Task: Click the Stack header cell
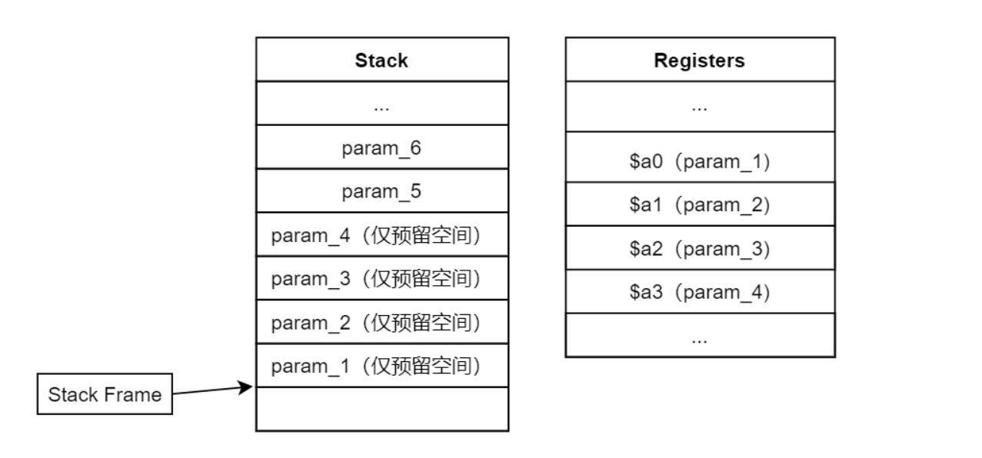[x=382, y=60]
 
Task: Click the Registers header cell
[x=700, y=60]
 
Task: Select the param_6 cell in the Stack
[x=382, y=147]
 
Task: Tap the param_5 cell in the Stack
[x=382, y=191]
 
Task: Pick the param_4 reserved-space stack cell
[x=382, y=234]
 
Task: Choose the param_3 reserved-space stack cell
[x=382, y=278]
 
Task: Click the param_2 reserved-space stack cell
[x=382, y=322]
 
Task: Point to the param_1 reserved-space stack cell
[x=382, y=366]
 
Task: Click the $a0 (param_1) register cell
[x=700, y=157]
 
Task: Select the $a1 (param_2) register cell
[x=700, y=204]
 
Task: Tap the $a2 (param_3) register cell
[x=700, y=248]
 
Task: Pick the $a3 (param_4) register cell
[x=700, y=291]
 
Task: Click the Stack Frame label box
[x=105, y=394]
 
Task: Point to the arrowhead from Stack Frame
[x=246, y=387]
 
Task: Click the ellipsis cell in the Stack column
[x=382, y=104]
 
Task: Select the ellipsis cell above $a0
[x=700, y=107]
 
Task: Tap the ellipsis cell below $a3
[x=700, y=335]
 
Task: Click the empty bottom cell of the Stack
[x=382, y=410]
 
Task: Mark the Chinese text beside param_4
[x=421, y=235]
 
